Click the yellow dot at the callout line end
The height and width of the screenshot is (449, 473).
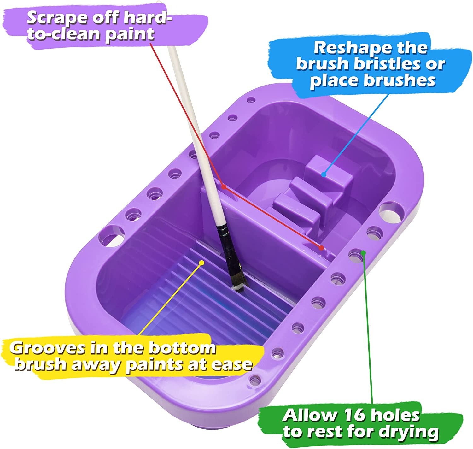tap(202, 263)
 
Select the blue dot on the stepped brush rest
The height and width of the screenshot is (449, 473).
tap(324, 174)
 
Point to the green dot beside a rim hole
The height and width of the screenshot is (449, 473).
tap(363, 252)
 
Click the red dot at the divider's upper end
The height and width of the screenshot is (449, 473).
tap(224, 187)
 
